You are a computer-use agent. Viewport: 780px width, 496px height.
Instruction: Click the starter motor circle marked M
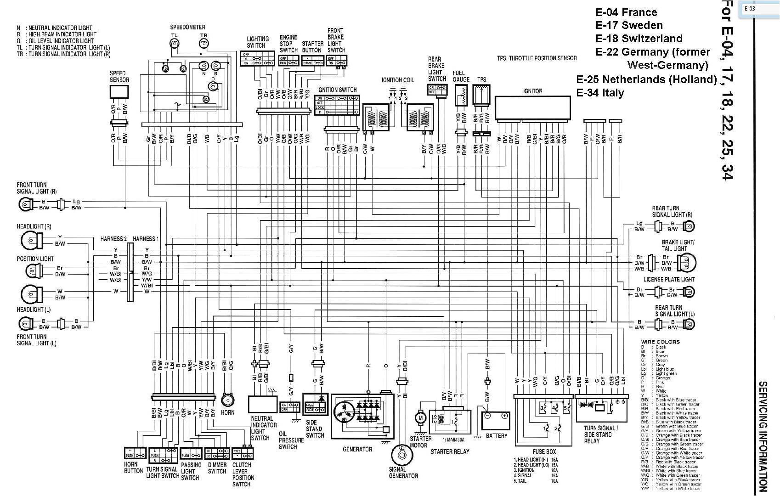[x=420, y=417]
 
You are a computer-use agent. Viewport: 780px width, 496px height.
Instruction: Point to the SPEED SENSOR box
[x=119, y=92]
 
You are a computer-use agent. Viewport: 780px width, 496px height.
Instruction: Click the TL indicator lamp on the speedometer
[x=174, y=44]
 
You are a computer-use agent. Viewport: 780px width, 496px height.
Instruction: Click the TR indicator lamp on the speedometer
[x=204, y=44]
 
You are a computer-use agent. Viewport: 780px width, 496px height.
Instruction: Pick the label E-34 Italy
[x=600, y=93]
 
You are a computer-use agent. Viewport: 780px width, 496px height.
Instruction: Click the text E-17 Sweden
[x=629, y=25]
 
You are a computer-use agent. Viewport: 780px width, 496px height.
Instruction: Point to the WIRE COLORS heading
[x=660, y=342]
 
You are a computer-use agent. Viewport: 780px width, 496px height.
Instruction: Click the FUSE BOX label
[x=544, y=451]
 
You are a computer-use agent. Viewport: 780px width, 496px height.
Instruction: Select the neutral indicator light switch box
[x=262, y=404]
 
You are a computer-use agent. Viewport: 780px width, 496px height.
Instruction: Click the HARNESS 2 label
[x=113, y=239]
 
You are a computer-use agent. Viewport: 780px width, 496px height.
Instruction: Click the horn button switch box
[x=135, y=454]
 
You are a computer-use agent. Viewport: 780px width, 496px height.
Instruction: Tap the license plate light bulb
[x=688, y=292]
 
